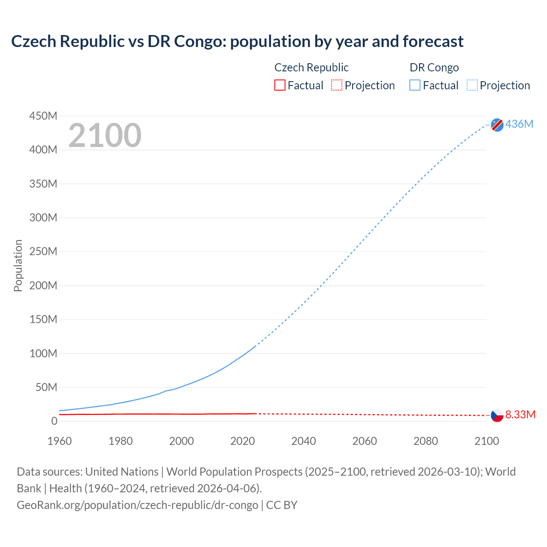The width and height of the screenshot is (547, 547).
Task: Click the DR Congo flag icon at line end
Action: coord(497,124)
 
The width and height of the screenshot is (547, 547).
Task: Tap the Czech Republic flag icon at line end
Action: coord(497,415)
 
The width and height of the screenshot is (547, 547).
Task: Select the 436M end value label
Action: coord(519,124)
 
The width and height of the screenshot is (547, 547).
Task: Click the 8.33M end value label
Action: coord(520,415)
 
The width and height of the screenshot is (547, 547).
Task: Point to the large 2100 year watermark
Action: coord(105,135)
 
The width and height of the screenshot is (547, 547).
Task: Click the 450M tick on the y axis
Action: coord(43,116)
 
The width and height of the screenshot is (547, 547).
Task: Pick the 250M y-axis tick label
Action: coord(43,251)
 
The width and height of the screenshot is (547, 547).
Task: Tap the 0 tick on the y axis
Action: coord(54,421)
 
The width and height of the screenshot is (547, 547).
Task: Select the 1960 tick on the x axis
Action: coord(59,441)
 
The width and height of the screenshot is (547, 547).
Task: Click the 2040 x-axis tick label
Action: coord(303,441)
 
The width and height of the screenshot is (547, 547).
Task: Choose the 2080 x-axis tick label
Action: coord(426,441)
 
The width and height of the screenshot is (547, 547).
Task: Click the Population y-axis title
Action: coord(18,265)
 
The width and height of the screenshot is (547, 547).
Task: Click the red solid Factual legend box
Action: coord(280,85)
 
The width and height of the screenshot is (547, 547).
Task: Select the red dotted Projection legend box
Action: coord(337,85)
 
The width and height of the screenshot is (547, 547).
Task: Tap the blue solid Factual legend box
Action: coord(415,85)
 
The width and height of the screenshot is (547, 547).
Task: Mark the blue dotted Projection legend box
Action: coord(472,85)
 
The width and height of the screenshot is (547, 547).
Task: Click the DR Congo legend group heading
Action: coord(434,68)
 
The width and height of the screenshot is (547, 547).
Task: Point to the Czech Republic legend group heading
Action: coord(311,68)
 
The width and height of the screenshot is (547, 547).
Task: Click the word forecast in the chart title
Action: coord(433,41)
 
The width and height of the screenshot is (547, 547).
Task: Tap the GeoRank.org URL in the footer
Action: coord(137,505)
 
